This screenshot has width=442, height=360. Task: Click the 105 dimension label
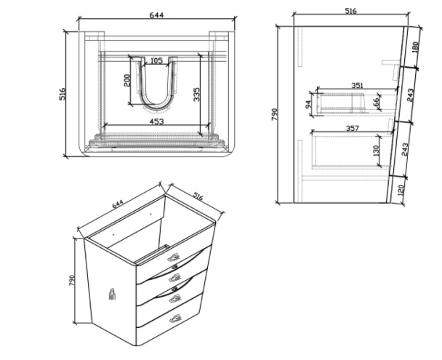point(156,60)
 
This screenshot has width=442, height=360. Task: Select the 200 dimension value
point(126,80)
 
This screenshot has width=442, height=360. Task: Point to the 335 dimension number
point(196,95)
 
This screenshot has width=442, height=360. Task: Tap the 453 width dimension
point(156,121)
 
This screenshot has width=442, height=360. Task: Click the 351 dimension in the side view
point(358,85)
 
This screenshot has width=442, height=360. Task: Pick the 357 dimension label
point(353,128)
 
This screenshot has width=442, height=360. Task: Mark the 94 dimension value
point(308,105)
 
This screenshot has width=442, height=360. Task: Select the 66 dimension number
point(376,103)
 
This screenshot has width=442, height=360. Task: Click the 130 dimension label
point(376,151)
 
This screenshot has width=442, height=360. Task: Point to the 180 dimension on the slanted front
point(416,47)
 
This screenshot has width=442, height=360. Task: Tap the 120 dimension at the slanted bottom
point(401,191)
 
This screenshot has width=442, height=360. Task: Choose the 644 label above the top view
point(156,15)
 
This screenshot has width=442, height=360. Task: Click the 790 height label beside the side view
point(275,114)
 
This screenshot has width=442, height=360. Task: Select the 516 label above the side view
point(351,11)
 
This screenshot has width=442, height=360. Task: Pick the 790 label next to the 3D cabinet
point(71,281)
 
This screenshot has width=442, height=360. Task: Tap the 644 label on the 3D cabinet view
point(118,204)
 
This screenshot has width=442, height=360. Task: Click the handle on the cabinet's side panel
point(112,295)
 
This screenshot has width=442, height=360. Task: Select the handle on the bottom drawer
point(175,319)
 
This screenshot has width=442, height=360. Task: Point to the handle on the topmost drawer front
point(174,257)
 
